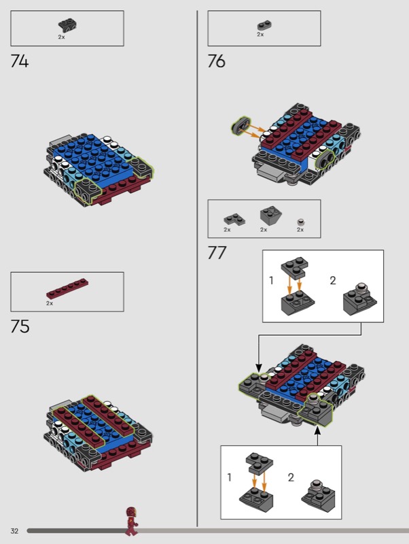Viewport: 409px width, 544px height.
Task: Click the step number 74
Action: click(x=20, y=61)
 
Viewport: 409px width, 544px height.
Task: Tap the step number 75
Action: click(x=20, y=326)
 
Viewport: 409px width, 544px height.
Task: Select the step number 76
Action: click(x=216, y=61)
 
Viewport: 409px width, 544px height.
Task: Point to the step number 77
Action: click(x=217, y=252)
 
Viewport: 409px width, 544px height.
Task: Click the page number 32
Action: click(x=14, y=531)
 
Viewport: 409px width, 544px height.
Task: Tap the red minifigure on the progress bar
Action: click(x=131, y=521)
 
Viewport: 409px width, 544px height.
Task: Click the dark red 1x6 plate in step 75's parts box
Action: click(x=67, y=288)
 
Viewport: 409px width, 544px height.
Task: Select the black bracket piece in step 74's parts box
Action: click(x=67, y=26)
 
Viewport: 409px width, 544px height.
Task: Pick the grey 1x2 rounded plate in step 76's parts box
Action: click(x=264, y=26)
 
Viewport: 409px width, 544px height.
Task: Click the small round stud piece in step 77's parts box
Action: click(x=301, y=222)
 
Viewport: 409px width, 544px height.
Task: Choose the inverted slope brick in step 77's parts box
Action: click(x=270, y=216)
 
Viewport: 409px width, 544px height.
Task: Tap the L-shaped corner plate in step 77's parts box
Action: click(x=234, y=220)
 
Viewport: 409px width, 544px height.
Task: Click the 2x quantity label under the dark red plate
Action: click(x=50, y=303)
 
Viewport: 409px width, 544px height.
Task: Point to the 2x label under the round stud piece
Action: click(x=300, y=230)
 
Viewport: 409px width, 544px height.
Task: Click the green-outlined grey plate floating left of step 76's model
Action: click(x=241, y=125)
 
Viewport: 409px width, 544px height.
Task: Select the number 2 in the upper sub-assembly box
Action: click(x=333, y=280)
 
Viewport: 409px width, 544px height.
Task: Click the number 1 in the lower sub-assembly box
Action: click(x=229, y=477)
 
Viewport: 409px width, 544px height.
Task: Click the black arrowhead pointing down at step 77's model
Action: click(x=258, y=369)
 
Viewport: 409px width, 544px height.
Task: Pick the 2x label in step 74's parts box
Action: click(x=61, y=37)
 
